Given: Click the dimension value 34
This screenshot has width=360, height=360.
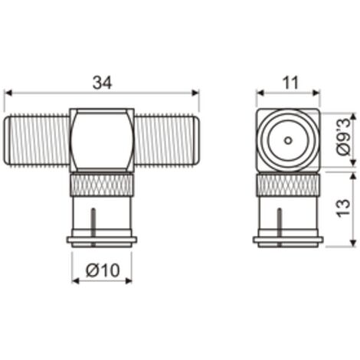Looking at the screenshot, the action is (102, 83).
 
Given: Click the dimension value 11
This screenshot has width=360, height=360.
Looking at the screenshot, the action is (290, 83).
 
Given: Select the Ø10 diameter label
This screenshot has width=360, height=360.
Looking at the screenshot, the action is (103, 270).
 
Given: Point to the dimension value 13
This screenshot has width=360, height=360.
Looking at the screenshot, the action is (343, 208).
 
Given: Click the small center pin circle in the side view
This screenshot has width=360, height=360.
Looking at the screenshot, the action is (288, 140).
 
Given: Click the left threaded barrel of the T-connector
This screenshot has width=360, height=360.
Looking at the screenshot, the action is (38, 140).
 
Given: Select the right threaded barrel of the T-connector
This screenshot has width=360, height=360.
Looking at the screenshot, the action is (166, 140).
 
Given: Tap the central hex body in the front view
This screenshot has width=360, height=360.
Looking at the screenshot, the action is (102, 140).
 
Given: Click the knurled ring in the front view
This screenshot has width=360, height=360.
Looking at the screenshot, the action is (102, 185).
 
